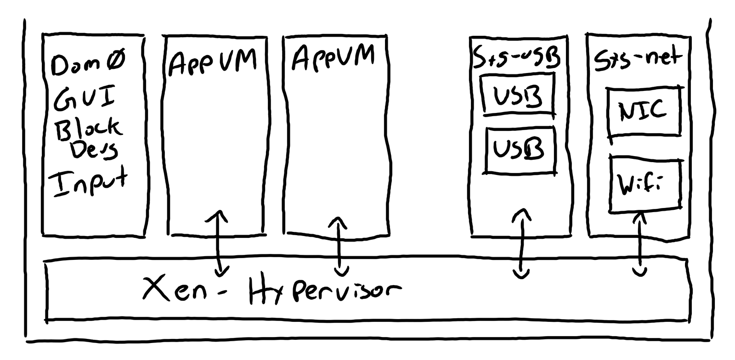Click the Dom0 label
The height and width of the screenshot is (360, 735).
point(88,64)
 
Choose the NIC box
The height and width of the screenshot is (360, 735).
point(643,112)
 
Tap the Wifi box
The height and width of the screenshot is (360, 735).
point(644,185)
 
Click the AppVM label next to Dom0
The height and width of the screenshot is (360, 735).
point(212,62)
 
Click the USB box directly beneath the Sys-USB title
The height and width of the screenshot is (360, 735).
point(517,95)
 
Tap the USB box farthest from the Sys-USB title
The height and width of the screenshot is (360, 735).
point(519,150)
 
